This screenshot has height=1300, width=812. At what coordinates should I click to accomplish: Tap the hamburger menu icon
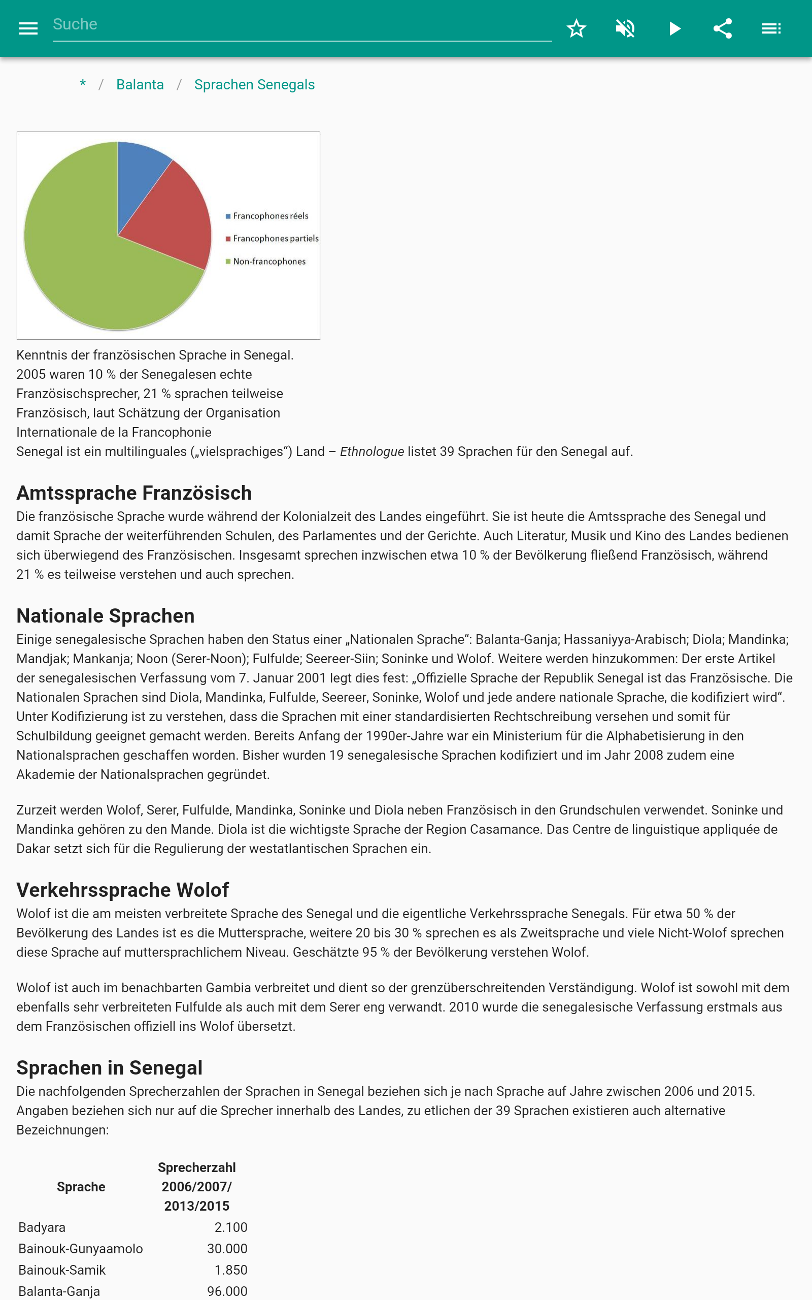pyautogui.click(x=28, y=28)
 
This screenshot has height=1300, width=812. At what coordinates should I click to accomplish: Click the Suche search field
pyautogui.click(x=301, y=25)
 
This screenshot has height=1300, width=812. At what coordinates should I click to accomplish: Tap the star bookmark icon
pyautogui.click(x=576, y=28)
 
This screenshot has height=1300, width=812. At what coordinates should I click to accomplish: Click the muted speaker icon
pyautogui.click(x=625, y=28)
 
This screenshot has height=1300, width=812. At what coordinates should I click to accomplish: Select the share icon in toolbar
pyautogui.click(x=722, y=28)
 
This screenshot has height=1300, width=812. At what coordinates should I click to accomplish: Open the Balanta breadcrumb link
pyautogui.click(x=140, y=85)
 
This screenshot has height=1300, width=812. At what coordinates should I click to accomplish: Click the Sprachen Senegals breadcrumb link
pyautogui.click(x=254, y=85)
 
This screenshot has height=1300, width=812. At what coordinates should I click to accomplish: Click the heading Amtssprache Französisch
pyautogui.click(x=134, y=493)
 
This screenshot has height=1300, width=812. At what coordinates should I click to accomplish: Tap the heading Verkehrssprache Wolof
pyautogui.click(x=122, y=890)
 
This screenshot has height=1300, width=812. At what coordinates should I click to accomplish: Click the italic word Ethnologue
pyautogui.click(x=371, y=452)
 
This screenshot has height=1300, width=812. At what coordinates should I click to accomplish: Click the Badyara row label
pyautogui.click(x=42, y=1227)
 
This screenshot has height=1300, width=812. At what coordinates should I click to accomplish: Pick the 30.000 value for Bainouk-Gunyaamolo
pyautogui.click(x=227, y=1249)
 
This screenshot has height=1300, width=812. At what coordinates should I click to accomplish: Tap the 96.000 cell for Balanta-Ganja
pyautogui.click(x=227, y=1291)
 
